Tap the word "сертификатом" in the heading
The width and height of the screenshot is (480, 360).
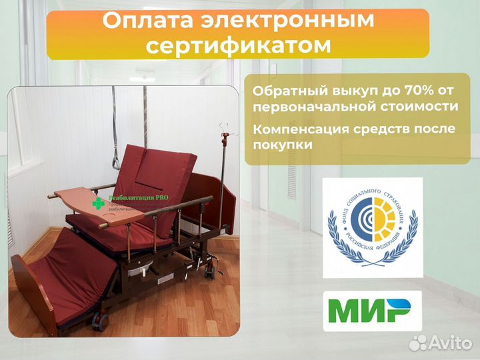pyautogui.click(x=239, y=45)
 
